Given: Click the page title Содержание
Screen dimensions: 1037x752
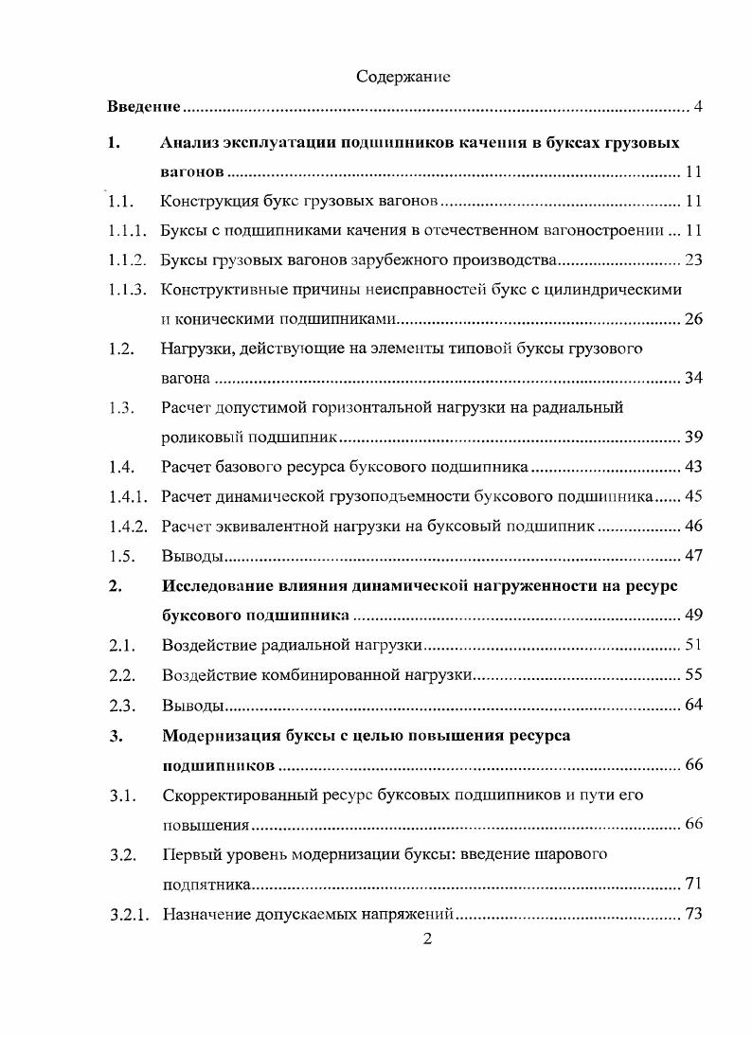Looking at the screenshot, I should coord(403,77).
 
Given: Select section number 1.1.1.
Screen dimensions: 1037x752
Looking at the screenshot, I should coord(127,230).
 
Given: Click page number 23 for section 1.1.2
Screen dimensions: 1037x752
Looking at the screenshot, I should coord(692,259).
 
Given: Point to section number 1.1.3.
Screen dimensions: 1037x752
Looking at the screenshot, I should coord(127,289).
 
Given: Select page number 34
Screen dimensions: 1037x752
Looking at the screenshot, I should coord(692,379).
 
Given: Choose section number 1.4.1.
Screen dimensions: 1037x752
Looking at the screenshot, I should coord(127,496).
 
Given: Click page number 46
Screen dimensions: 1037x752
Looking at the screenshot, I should coord(692,526).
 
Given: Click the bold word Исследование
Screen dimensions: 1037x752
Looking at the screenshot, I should coord(224,585).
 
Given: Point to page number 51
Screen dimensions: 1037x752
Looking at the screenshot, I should coord(692,646).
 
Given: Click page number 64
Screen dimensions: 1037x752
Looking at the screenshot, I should coord(692,706).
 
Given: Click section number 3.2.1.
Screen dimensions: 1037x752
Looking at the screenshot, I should coord(127,914).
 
